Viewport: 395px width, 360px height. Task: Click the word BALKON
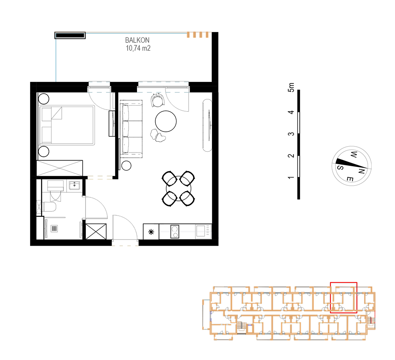point(137,40)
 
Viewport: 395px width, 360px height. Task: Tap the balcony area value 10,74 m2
point(138,48)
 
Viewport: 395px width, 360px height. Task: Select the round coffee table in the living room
point(166,121)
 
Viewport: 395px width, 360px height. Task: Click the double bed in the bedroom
point(67,125)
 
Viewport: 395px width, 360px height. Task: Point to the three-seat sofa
point(131,129)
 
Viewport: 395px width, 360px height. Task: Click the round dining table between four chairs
point(178,188)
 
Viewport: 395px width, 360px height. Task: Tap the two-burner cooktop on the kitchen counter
point(175,232)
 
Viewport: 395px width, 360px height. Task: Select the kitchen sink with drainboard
point(203,231)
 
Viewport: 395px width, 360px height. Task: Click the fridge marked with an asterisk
point(151,232)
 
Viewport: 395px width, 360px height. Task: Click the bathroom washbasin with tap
point(75,185)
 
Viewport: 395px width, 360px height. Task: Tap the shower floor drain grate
point(54,229)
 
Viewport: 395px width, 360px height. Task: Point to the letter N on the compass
point(361,172)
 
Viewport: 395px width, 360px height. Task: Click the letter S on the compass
point(340,168)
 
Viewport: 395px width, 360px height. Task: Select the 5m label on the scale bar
point(291,87)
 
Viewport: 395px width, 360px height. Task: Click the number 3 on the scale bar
point(291,134)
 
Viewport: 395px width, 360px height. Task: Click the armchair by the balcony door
point(158,100)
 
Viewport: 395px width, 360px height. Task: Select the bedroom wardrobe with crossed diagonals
point(60,168)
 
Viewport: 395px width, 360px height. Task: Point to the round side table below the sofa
point(126,166)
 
